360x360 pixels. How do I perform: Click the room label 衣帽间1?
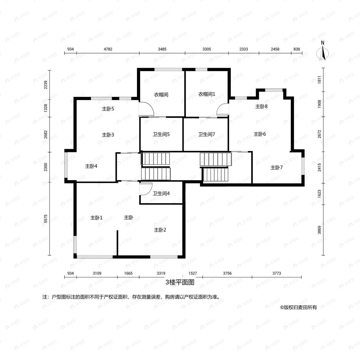coord(207,94)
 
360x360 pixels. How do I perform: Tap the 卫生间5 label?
coord(161,134)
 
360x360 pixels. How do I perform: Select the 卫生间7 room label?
coord(207,134)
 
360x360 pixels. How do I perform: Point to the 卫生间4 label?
coord(161,194)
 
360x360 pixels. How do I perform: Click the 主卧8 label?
coord(261,106)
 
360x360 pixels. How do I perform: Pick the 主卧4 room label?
coord(91,166)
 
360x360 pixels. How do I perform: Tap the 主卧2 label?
coord(160,230)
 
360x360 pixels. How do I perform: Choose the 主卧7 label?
coord(276,168)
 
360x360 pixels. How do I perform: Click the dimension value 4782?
coord(108,49)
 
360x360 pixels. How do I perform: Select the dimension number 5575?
coord(46,219)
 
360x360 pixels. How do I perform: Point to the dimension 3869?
coord(319,230)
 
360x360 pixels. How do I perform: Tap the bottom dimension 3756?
coord(227,273)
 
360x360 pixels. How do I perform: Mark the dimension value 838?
coord(297,49)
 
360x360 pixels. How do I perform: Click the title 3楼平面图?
coord(180,282)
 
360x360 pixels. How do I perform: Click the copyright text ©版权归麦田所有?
coord(299,307)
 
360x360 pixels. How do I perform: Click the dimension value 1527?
coord(193,273)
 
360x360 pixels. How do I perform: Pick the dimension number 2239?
coord(46,85)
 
